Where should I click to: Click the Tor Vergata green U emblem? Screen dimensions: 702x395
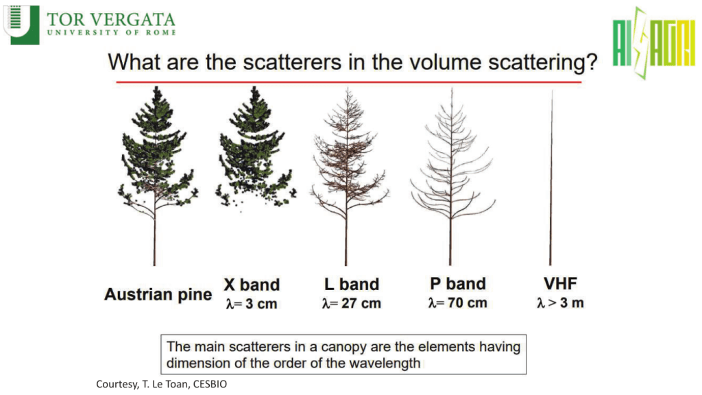coord(21,25)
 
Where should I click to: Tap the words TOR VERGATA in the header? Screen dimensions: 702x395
coord(111,20)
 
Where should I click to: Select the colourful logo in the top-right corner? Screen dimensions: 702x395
coord(654,43)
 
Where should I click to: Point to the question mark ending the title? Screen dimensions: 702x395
coord(592,62)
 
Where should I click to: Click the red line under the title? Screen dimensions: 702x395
coord(349,82)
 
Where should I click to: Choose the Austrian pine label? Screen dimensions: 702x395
coord(158,294)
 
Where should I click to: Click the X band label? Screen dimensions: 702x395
coord(252,285)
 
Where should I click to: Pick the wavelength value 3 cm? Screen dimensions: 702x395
coord(261,304)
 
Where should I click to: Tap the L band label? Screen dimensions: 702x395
coord(352,284)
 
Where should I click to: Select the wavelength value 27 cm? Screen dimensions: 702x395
coord(361,303)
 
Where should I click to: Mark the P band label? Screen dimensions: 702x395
coord(457,283)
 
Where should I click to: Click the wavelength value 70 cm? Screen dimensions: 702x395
coord(468,302)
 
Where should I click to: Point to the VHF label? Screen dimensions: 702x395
coord(560,283)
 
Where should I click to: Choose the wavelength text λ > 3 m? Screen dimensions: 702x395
coord(560,302)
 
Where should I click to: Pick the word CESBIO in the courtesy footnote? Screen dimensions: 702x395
coord(210,384)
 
